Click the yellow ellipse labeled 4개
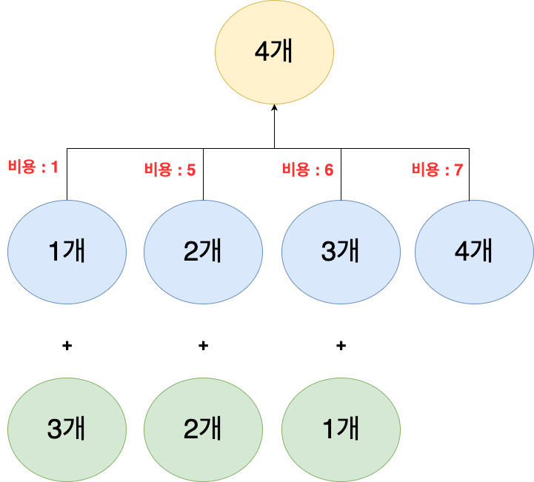click(274, 56)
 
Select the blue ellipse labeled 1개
click(67, 252)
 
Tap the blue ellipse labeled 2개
click(203, 252)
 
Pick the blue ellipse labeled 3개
click(341, 252)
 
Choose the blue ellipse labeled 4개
click(474, 252)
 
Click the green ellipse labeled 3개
click(67, 427)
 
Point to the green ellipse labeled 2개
click(203, 427)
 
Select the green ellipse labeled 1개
click(341, 427)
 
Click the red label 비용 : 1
click(33, 167)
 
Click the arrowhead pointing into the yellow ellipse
click(274, 108)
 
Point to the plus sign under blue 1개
click(67, 345)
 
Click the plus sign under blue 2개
click(203, 345)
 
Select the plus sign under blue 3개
click(341, 345)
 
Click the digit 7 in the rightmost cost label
click(458, 170)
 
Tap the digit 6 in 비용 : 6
click(329, 170)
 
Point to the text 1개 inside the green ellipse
click(341, 428)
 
